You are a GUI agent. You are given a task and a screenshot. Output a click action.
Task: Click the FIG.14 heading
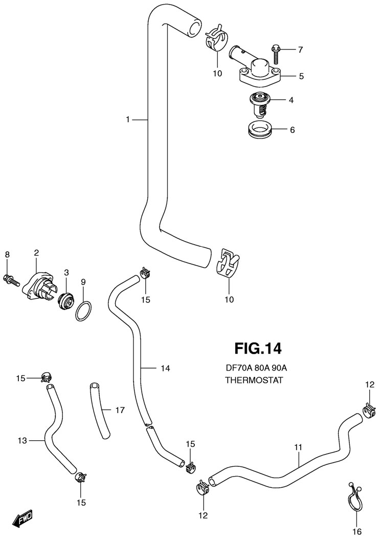point(258,349)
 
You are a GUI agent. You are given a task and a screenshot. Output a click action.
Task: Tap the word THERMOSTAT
point(254,380)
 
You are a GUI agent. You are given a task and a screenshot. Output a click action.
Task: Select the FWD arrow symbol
point(23,520)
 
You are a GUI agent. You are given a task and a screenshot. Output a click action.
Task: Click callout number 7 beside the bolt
point(300,50)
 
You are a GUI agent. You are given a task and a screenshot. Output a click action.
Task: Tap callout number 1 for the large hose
point(128,119)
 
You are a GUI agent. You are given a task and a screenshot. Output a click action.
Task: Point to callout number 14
point(165,368)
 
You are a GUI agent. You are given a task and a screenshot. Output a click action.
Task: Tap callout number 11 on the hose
point(299,447)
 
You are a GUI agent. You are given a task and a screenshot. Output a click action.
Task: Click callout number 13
point(22,440)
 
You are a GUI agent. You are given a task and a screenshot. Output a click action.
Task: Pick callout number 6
point(292,130)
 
